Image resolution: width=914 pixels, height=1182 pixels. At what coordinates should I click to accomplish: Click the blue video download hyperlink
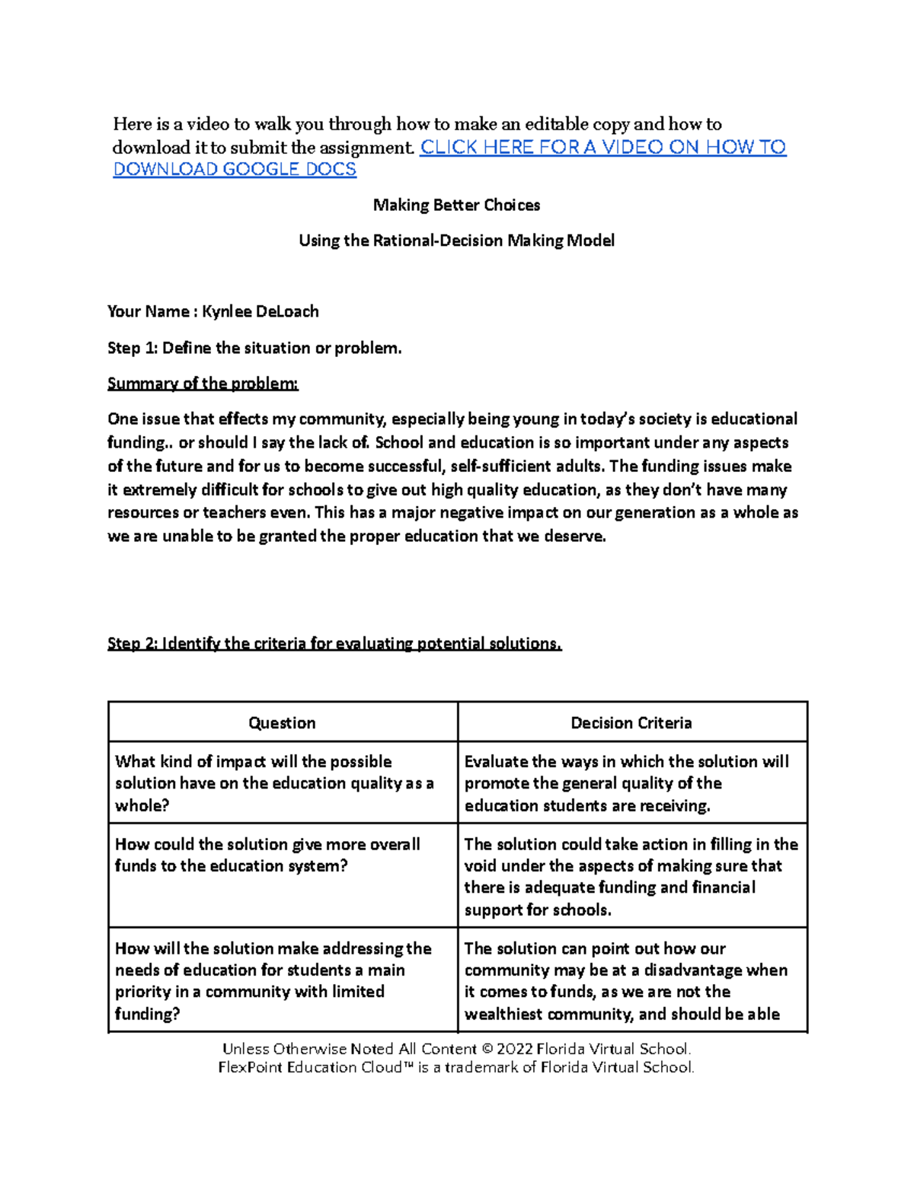602,148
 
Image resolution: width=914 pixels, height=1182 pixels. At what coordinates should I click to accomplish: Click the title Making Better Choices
456,205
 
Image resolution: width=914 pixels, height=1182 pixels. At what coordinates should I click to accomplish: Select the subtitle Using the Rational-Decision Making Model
456,241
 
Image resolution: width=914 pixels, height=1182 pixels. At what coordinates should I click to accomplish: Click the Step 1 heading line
254,348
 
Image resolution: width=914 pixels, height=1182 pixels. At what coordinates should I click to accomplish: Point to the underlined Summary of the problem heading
203,384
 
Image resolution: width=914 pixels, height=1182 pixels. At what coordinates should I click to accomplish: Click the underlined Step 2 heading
334,644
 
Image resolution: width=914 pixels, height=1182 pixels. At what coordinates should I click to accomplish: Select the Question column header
282,723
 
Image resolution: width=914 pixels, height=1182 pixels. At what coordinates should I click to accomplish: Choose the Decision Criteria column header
631,723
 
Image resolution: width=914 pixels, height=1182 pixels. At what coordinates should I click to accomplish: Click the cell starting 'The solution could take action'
631,876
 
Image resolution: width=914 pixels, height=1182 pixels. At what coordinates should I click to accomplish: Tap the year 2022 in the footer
515,1049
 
